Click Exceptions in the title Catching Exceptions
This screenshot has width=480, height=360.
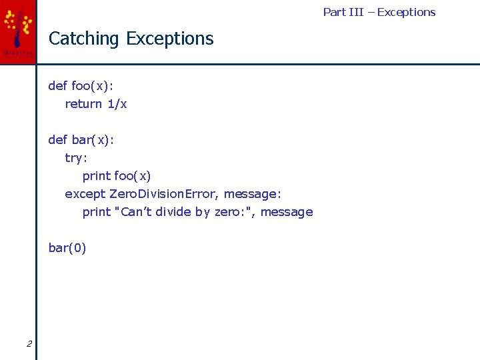tap(169, 39)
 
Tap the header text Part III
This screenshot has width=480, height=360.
tap(343, 12)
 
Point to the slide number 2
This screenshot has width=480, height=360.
tap(29, 344)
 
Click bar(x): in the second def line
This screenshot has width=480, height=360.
tap(93, 140)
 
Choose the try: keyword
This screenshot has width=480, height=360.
tap(76, 158)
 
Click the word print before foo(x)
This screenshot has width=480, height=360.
tap(97, 176)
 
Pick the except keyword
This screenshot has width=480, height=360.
tap(85, 194)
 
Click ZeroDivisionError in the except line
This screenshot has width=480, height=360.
tap(163, 194)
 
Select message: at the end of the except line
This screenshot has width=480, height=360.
tap(253, 194)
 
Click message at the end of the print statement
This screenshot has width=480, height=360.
tap(286, 212)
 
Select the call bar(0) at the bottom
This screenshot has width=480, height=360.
tap(67, 248)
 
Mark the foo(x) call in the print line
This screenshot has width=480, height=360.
tap(133, 176)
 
